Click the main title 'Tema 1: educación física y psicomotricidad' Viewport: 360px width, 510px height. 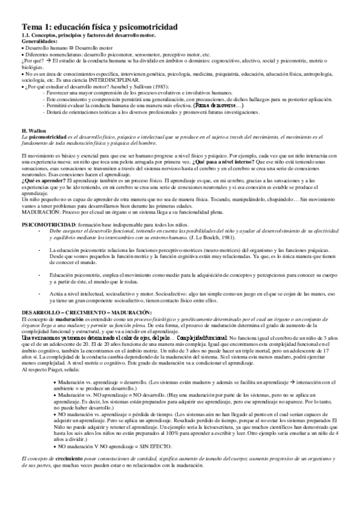(x=99, y=28)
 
